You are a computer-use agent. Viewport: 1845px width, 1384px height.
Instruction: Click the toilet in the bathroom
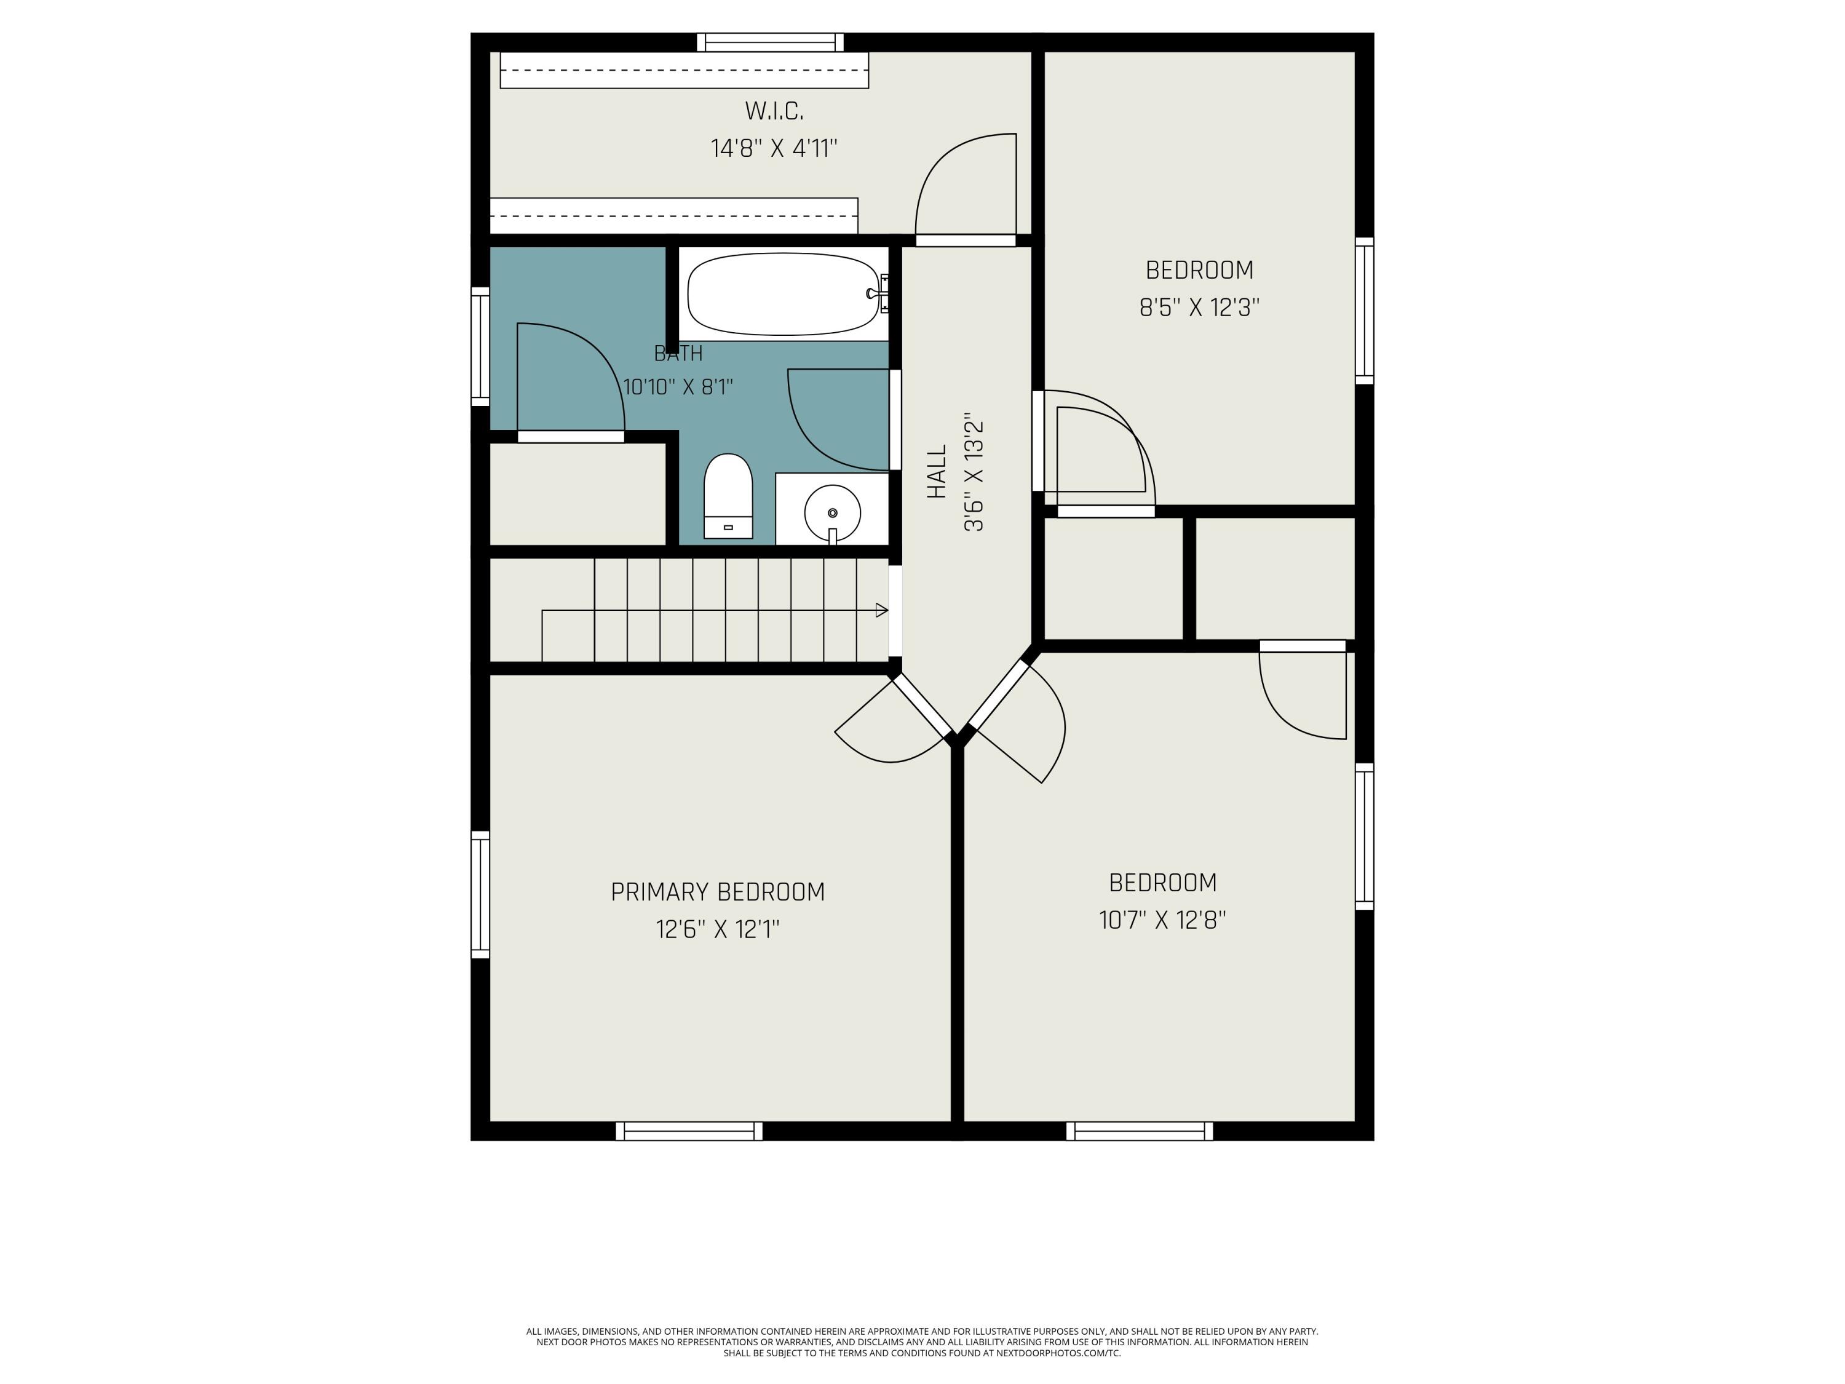click(x=728, y=496)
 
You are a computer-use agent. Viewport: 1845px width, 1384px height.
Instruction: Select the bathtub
click(x=784, y=293)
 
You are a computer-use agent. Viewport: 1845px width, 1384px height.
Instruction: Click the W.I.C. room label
click(x=774, y=111)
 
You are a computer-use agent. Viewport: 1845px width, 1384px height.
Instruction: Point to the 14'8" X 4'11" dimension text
click(x=774, y=148)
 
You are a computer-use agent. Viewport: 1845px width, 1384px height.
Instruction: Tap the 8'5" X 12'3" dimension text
click(x=1199, y=308)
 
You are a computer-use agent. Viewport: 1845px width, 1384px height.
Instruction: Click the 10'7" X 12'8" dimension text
click(x=1163, y=920)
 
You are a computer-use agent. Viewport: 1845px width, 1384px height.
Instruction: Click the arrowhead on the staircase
click(x=882, y=611)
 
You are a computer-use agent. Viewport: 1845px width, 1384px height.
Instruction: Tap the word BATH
click(x=678, y=354)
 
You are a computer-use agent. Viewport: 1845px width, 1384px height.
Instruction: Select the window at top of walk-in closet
click(x=770, y=42)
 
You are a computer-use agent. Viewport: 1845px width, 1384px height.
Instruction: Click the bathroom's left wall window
click(x=480, y=346)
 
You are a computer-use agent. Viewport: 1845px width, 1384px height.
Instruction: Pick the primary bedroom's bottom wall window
click(x=689, y=1131)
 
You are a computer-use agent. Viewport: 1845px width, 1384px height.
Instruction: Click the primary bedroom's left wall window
click(x=480, y=894)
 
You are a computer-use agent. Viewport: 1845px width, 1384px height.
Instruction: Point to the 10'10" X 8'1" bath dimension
click(x=678, y=387)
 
